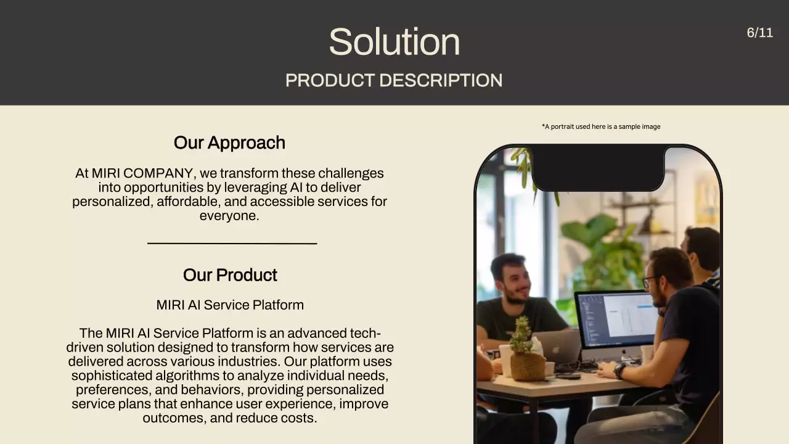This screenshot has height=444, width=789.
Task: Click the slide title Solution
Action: tap(394, 42)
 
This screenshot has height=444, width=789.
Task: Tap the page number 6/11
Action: tap(759, 33)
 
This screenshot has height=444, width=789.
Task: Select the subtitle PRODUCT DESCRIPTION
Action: tap(394, 80)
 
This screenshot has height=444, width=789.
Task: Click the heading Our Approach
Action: tap(229, 142)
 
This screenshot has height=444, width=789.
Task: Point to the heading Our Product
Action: tap(230, 275)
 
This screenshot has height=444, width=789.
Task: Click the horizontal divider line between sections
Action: tap(232, 244)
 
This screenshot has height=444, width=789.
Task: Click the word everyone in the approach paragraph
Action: tap(228, 216)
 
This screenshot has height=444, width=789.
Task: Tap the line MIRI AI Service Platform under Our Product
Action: tap(230, 305)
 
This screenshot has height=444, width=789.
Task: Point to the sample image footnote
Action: tap(601, 126)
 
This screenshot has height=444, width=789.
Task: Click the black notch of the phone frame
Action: tap(598, 168)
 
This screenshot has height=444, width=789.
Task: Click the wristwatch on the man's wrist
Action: tap(619, 371)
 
